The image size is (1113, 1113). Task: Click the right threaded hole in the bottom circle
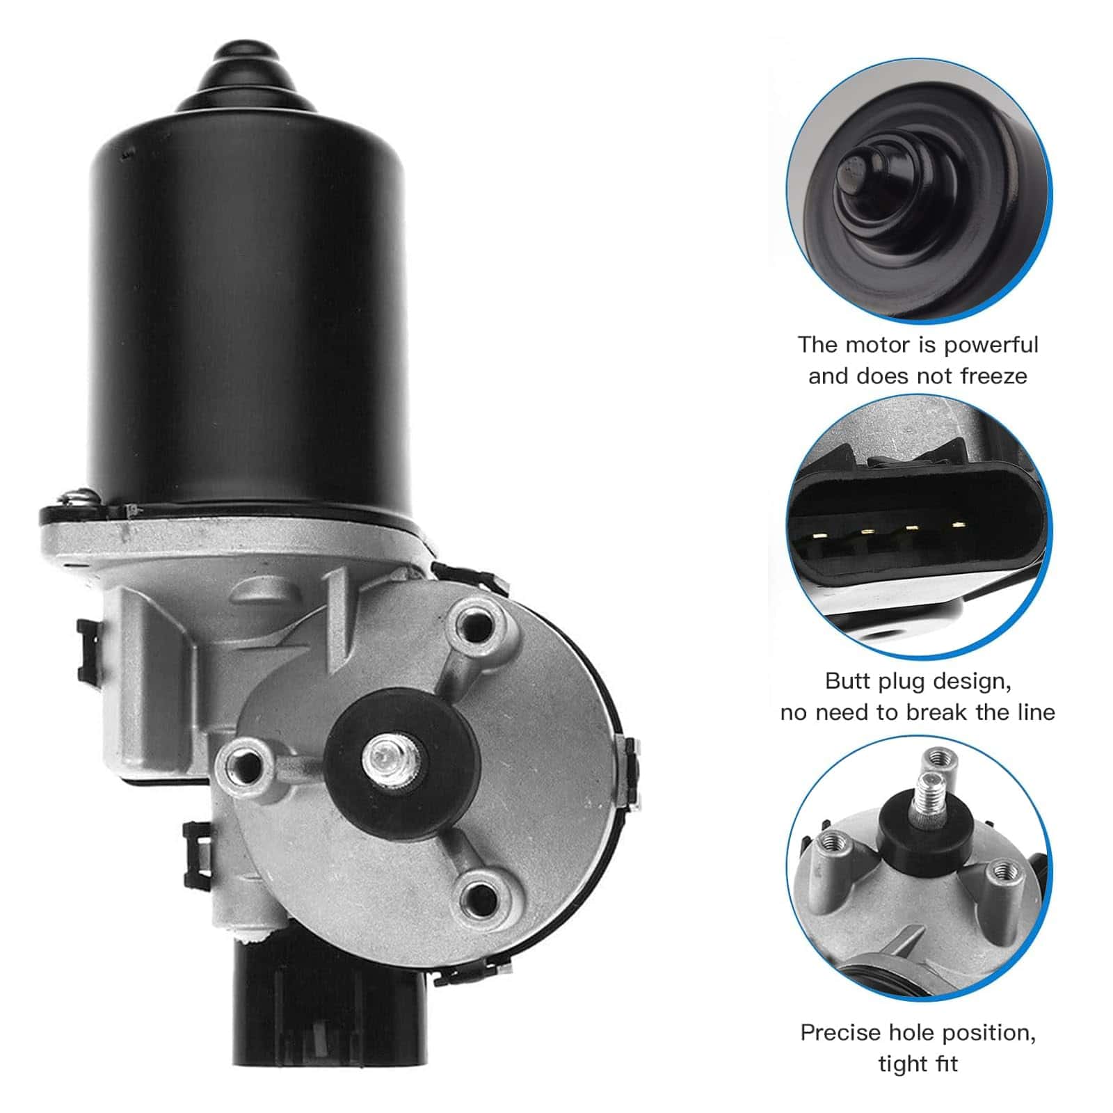(1002, 870)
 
